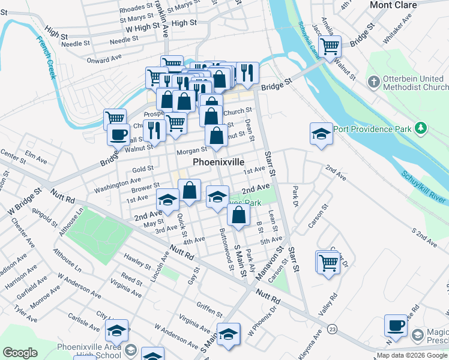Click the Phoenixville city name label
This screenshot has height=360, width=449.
click(218, 163)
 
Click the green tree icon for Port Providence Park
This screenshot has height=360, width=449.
click(421, 128)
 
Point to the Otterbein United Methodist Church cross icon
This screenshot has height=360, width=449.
click(373, 80)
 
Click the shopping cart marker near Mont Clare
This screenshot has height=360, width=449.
click(330, 46)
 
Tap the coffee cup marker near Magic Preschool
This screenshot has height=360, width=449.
click(396, 325)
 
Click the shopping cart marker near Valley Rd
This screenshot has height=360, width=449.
click(328, 262)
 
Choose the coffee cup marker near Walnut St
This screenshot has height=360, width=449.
click(118, 134)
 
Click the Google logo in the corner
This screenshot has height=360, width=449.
click(20, 353)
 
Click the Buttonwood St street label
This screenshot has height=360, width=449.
click(225, 248)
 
